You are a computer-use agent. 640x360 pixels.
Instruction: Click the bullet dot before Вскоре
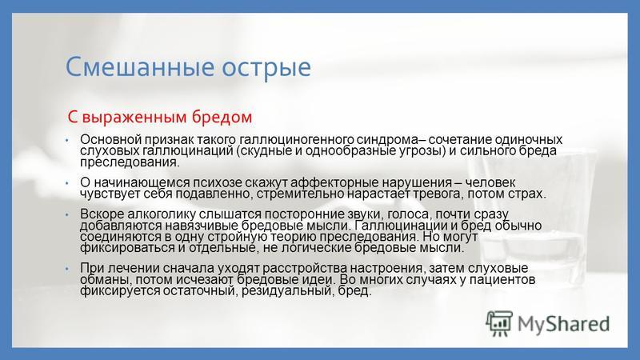click(67, 214)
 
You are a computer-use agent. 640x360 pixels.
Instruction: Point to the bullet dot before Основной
click(67, 140)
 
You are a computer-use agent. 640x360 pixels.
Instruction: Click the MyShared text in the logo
click(563, 324)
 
